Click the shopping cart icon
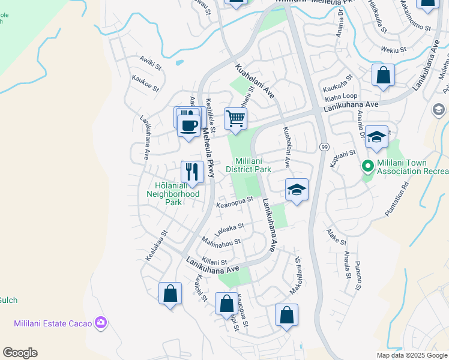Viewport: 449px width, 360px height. pos(236,118)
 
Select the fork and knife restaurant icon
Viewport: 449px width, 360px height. pos(192,172)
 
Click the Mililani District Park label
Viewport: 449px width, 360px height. pos(253,166)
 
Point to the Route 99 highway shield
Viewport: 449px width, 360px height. pos(324,146)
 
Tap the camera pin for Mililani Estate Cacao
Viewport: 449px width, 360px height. pos(101,323)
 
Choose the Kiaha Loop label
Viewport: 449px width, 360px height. pos(341,96)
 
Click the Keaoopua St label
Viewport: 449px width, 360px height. pos(235,202)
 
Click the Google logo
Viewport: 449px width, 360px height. pos(20,353)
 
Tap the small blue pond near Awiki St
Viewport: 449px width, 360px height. pos(178,62)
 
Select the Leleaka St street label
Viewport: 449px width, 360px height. pos(229,227)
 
